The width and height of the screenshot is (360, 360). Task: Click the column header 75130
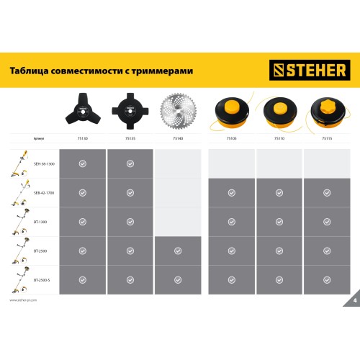click(x=82, y=137)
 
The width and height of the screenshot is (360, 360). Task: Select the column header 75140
click(x=177, y=137)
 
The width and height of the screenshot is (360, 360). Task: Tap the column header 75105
click(x=231, y=137)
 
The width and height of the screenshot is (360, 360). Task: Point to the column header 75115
click(x=328, y=137)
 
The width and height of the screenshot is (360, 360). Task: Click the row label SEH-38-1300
click(x=43, y=164)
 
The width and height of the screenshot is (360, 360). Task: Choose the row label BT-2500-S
click(x=42, y=278)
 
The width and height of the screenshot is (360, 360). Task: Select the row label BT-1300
click(x=40, y=221)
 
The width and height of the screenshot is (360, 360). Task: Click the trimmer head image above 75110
click(x=279, y=112)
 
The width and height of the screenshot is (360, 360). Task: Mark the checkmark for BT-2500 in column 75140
click(x=178, y=250)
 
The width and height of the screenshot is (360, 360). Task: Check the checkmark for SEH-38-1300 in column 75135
click(x=130, y=164)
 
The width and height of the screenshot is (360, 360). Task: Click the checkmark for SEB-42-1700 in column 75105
click(x=231, y=193)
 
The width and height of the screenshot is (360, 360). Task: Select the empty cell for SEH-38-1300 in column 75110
click(x=279, y=164)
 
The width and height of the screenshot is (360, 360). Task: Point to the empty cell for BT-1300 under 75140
click(x=178, y=221)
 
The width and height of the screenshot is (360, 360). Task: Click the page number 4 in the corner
click(x=354, y=300)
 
